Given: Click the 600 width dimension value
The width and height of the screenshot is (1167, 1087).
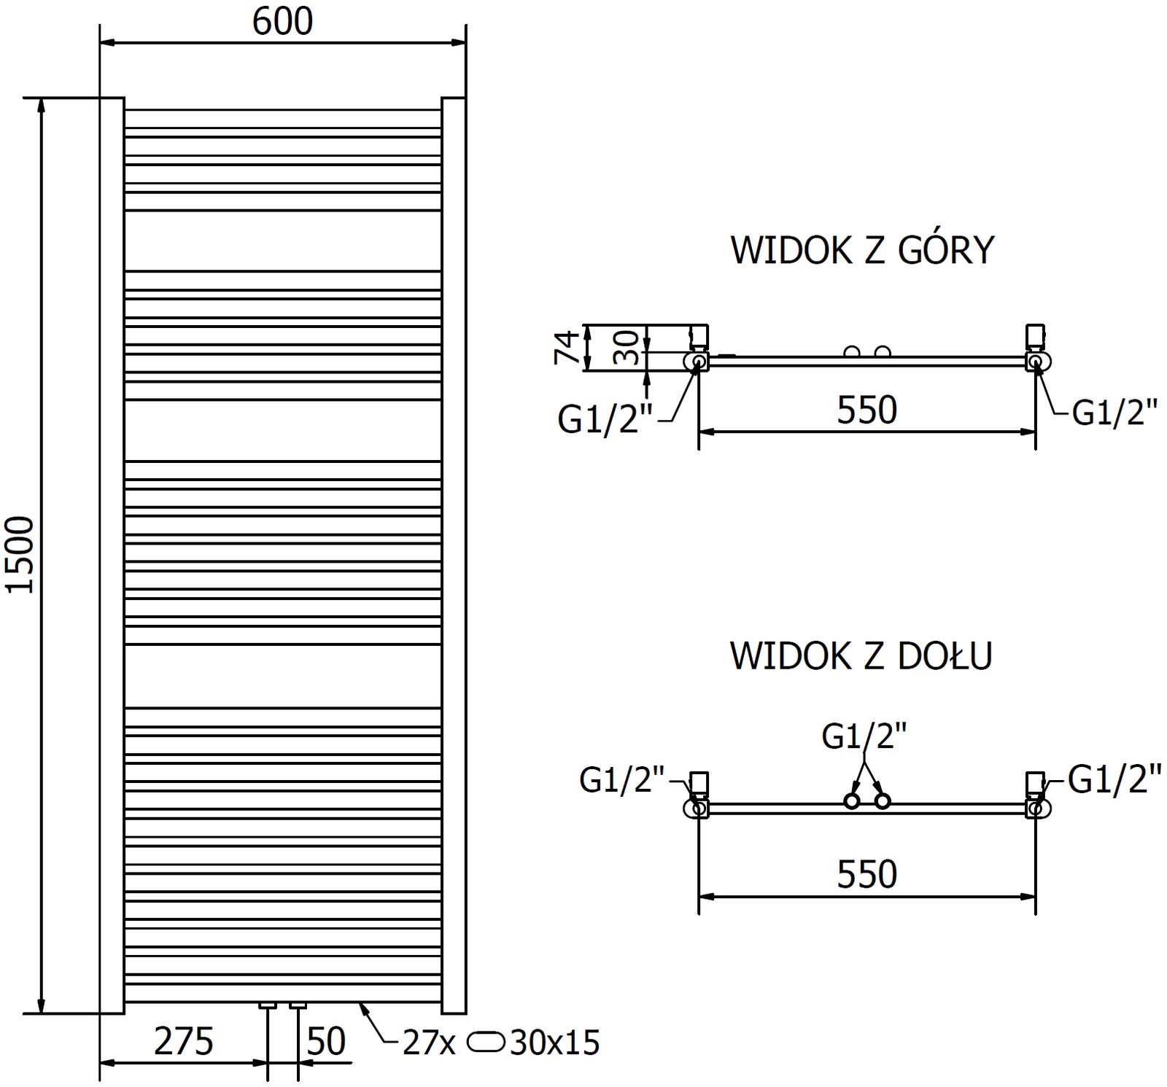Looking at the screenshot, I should click(x=282, y=22).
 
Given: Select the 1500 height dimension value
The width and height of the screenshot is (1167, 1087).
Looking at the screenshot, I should click(x=20, y=554).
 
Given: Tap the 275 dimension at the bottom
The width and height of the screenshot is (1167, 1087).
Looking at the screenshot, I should click(x=183, y=1042).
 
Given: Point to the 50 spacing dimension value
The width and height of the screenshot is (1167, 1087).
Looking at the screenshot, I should click(x=326, y=1042).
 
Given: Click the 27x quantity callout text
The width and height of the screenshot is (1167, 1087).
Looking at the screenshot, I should click(x=429, y=1043).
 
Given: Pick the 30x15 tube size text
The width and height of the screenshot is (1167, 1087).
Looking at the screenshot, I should click(x=555, y=1043).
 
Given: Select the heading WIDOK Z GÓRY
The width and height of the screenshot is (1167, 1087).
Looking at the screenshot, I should click(x=862, y=251).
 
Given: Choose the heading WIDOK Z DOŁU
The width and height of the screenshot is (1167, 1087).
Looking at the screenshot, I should click(x=861, y=656).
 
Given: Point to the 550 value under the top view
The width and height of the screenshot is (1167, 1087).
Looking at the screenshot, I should click(x=866, y=410).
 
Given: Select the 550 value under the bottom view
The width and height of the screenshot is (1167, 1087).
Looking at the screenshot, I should click(x=866, y=874).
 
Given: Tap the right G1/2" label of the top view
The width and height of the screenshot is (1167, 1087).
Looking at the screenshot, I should click(x=1114, y=414).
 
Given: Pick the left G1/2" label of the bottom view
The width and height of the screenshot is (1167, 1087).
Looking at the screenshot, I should click(x=622, y=779).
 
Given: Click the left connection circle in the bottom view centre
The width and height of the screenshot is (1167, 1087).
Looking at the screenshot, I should click(x=851, y=801).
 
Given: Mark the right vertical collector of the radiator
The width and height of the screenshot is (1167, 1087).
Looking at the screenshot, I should click(x=454, y=555).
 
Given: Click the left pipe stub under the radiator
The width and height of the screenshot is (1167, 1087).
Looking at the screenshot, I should click(x=268, y=1006).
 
